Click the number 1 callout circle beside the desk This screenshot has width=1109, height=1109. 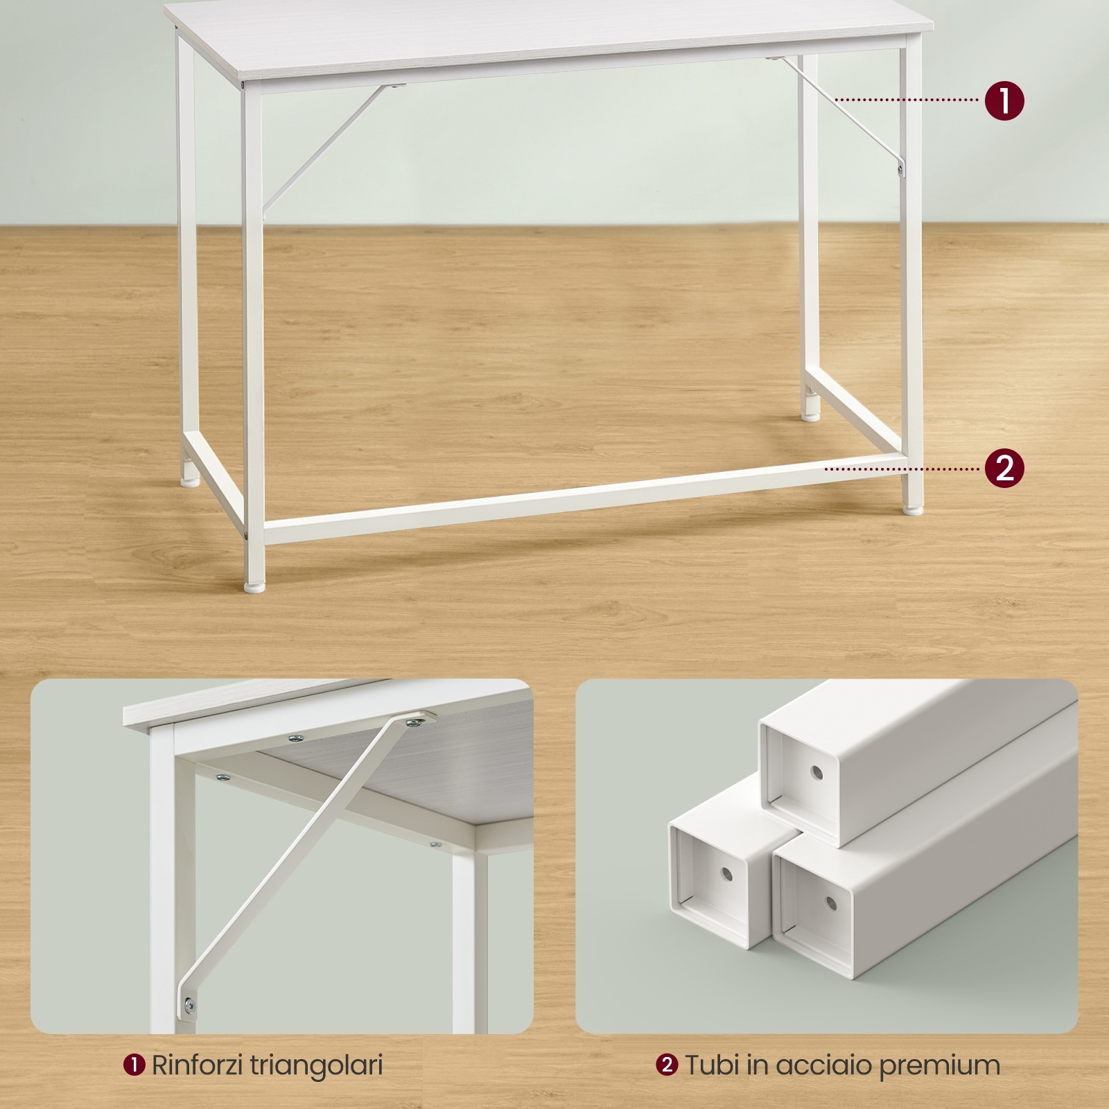[1004, 101]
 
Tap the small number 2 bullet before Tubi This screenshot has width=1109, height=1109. [667, 1065]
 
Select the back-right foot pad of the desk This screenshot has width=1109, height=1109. [810, 417]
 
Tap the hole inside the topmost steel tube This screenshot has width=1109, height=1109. [817, 772]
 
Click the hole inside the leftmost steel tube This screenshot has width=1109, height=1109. [726, 874]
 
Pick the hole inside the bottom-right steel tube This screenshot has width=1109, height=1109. [831, 904]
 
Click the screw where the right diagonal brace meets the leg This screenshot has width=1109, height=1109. [900, 168]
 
